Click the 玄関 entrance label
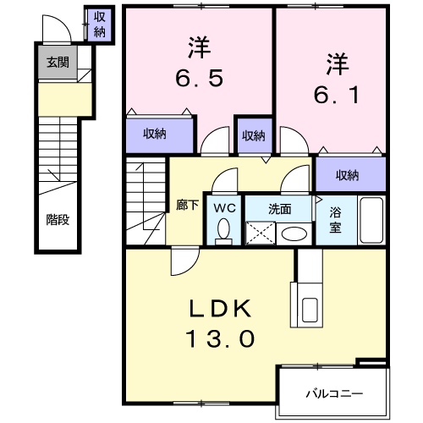pos(57,62)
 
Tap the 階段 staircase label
pos(57,218)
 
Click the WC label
pos(224,206)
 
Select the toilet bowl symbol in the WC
pos(224,229)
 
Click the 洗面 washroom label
pos(280,206)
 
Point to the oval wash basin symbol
pos(294,233)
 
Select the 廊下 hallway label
pos(186,205)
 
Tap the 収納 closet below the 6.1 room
pos(348,175)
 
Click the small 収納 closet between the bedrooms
pos(252,134)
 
